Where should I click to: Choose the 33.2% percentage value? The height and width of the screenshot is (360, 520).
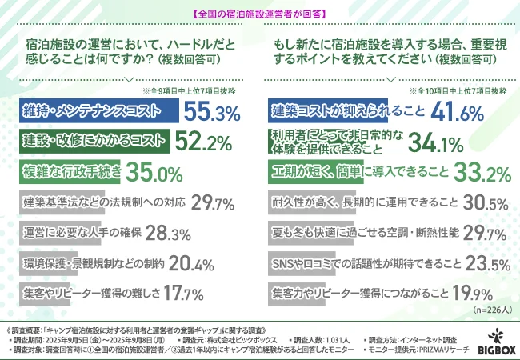point(481,172)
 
